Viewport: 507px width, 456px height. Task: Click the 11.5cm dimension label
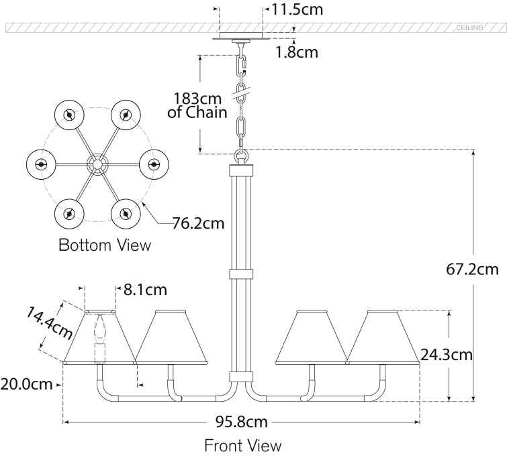(296, 10)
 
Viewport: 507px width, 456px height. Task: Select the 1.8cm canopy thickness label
(296, 52)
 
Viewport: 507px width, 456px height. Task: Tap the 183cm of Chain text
(197, 105)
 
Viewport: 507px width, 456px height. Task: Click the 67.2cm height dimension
(473, 270)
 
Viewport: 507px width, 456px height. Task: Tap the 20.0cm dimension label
(28, 384)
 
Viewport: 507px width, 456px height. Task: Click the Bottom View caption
(105, 245)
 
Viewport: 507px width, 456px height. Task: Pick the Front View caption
(242, 445)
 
